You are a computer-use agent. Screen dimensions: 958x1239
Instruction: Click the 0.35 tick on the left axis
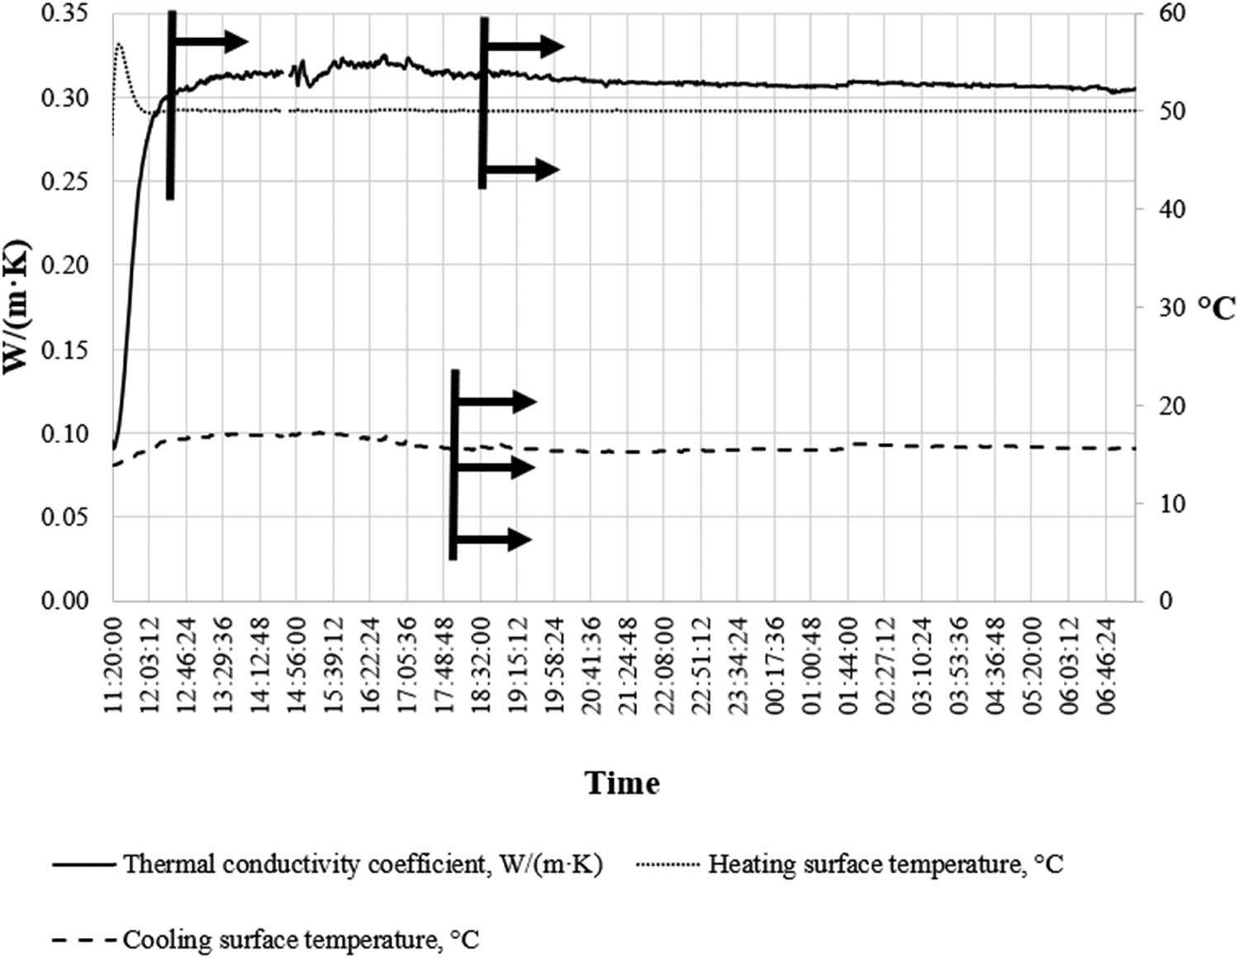[x=64, y=15]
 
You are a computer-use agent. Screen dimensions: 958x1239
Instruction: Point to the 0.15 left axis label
[x=64, y=350]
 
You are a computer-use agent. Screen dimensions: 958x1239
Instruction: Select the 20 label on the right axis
[x=1165, y=405]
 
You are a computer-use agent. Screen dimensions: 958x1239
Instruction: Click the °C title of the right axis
[x=1216, y=307]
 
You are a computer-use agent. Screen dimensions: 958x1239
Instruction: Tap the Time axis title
[x=622, y=783]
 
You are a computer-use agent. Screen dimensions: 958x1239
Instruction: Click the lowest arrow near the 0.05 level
[x=494, y=540]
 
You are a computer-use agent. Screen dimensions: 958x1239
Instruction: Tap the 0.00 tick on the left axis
[x=64, y=600]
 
